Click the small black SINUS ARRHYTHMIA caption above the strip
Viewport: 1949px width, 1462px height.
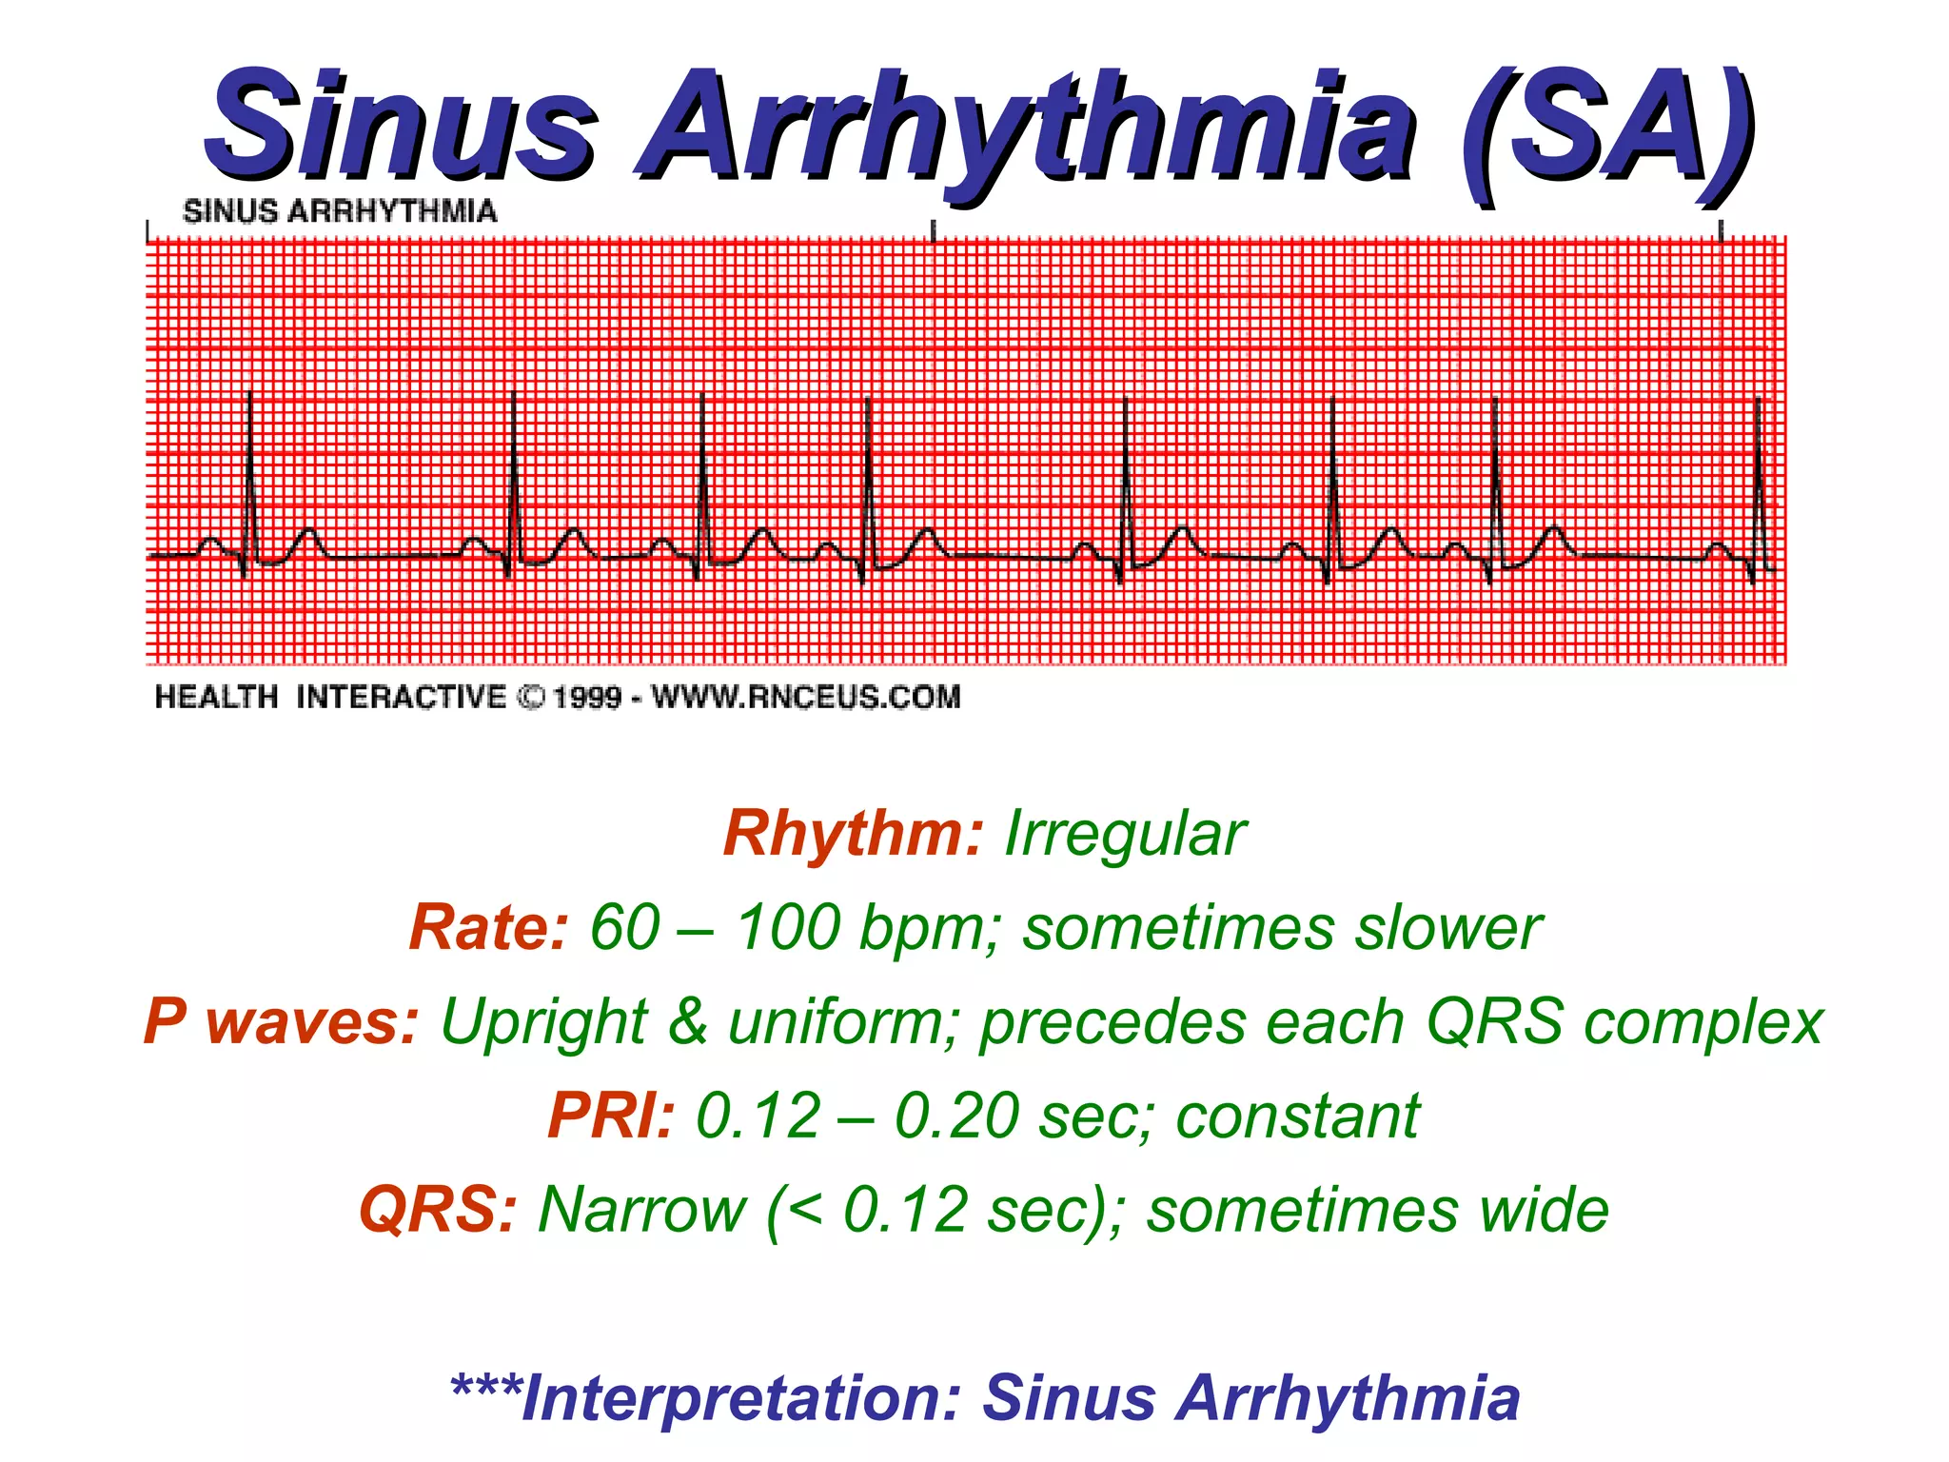340,211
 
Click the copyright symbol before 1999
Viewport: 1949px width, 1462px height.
530,698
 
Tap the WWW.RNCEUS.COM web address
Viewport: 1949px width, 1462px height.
806,698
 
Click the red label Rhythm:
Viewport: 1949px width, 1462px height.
853,834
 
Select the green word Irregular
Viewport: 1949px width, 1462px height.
1124,834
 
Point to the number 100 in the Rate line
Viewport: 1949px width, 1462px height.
789,928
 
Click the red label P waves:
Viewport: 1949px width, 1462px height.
282,1022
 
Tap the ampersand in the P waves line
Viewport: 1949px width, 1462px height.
688,1022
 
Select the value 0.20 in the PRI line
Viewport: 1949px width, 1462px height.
956,1116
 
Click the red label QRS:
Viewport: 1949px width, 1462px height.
438,1210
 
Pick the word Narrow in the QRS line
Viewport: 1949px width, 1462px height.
642,1210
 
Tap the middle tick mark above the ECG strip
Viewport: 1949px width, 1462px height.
934,230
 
